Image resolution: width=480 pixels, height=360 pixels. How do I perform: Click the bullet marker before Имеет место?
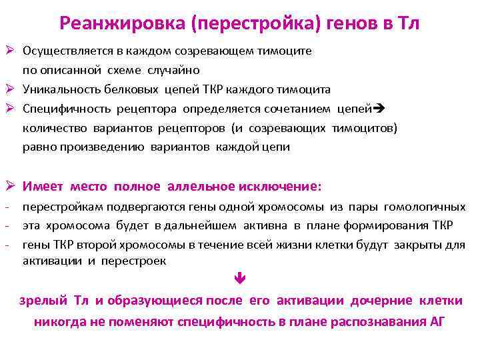10,186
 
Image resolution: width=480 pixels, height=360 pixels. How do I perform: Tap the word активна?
256,226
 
